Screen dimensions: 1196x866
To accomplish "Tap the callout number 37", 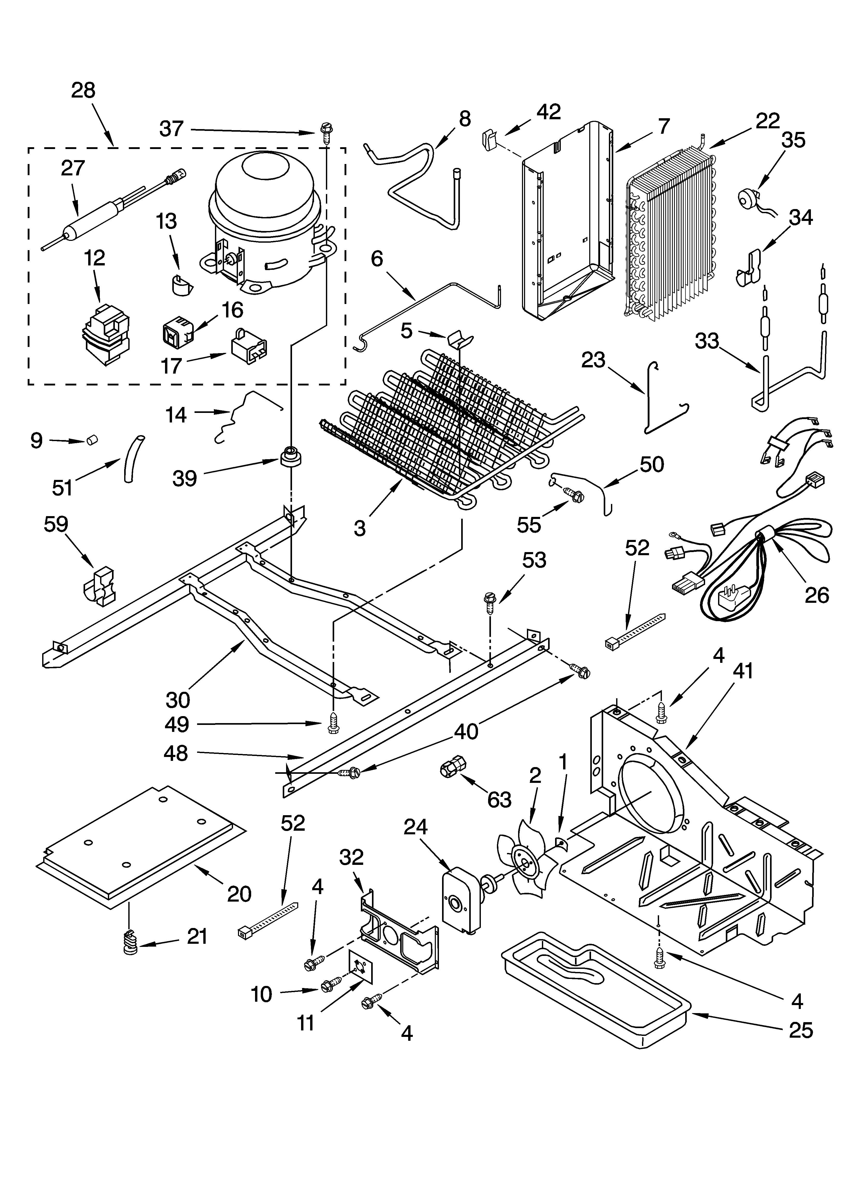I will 171,129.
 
